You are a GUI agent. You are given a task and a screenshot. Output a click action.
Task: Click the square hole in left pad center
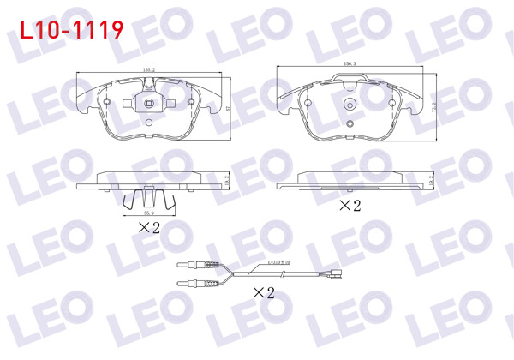point(147,106)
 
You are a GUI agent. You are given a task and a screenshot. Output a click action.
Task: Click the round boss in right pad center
point(350,106)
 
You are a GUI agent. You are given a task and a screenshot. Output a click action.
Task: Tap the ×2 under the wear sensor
point(263,292)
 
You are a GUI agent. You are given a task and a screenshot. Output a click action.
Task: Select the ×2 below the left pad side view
point(149,227)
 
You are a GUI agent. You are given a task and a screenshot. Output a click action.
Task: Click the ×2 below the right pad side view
point(348,206)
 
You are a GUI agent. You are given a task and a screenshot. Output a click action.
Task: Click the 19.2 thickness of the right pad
point(433,180)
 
